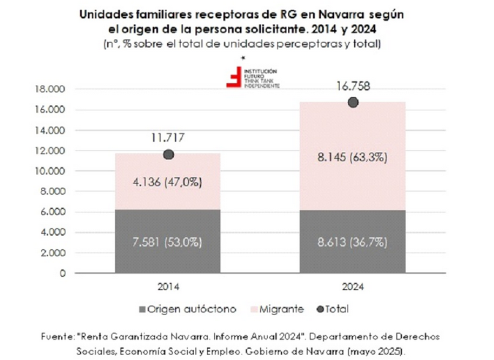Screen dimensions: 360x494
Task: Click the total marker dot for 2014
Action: pos(168,155)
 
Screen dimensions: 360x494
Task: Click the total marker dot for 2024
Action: pos(353,102)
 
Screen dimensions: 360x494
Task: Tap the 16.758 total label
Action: pos(353,86)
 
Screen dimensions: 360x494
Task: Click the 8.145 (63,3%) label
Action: pos(353,158)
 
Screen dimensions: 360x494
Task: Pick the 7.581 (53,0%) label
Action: pos(168,243)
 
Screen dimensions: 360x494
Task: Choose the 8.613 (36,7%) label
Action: pos(353,243)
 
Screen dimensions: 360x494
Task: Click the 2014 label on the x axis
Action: pos(168,286)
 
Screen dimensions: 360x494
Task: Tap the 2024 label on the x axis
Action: pos(353,286)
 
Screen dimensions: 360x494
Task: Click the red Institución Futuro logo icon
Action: pos(233,78)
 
